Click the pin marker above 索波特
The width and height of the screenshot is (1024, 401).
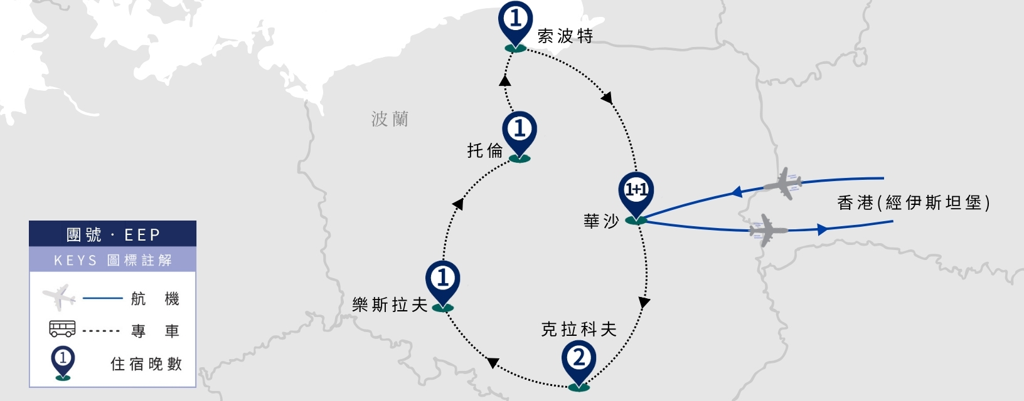515,23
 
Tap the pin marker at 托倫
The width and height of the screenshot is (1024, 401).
520,134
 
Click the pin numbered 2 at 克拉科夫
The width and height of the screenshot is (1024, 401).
579,363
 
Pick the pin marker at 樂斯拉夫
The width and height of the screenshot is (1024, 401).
442,283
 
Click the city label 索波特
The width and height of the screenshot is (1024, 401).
565,36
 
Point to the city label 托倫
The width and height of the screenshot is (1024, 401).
485,150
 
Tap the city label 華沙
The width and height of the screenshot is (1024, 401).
601,221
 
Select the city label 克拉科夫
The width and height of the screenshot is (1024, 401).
579,329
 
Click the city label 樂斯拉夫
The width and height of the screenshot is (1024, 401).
390,305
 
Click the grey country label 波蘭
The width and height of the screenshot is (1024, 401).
390,119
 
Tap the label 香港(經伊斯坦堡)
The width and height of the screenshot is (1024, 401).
914,202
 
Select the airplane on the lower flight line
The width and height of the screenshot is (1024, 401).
767,230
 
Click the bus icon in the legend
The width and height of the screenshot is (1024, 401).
62,329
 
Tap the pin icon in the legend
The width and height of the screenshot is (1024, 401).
63,363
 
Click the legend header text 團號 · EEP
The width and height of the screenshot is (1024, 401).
113,235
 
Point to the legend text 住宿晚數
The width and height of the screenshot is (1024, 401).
146,364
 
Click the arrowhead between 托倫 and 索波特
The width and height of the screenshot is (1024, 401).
504,81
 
